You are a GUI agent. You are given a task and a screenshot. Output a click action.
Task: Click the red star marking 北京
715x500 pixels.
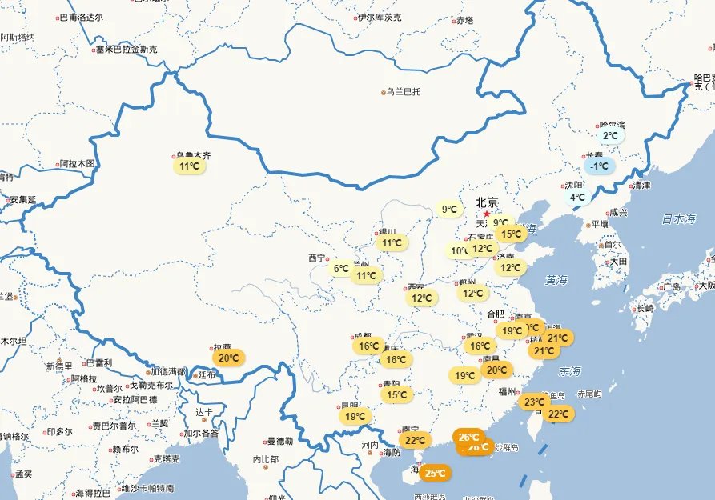point(486,214)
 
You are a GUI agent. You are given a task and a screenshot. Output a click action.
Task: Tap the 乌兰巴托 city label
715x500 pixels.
point(403,92)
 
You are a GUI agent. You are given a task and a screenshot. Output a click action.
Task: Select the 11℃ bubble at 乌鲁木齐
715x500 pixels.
point(190,166)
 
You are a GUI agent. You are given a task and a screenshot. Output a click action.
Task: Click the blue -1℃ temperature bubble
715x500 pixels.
point(599,166)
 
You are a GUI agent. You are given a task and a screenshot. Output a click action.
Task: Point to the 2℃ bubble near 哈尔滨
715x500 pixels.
point(610,136)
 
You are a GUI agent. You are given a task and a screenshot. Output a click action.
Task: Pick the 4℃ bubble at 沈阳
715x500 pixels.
point(577,197)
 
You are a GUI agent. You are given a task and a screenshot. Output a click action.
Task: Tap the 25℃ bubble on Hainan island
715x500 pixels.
point(435,474)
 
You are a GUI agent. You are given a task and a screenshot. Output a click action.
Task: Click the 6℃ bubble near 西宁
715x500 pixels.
point(341,269)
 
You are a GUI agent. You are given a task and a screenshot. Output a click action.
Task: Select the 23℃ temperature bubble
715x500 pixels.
point(533,402)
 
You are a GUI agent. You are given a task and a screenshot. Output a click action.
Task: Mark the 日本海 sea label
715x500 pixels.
point(679,218)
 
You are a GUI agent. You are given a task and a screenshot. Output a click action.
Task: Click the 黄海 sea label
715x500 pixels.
point(556,280)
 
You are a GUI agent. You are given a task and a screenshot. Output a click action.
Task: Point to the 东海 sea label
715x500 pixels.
point(571,371)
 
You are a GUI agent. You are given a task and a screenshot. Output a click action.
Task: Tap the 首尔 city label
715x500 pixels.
point(612,245)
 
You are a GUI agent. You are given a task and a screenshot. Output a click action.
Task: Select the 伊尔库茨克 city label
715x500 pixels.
point(380,17)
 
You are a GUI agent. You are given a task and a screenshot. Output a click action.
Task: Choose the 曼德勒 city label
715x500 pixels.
point(279,441)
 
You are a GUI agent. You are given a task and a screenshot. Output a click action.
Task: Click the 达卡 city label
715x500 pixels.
point(204,413)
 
